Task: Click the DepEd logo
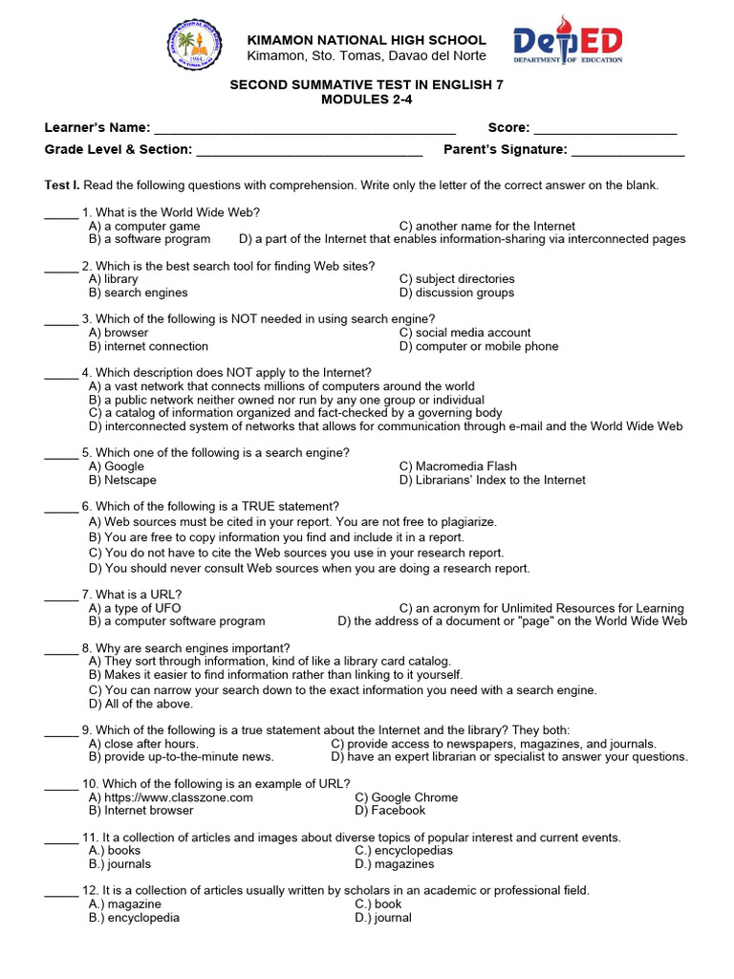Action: pyautogui.click(x=568, y=43)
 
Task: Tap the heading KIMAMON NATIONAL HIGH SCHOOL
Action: pyautogui.click(x=367, y=40)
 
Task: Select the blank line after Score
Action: pyautogui.click(x=605, y=129)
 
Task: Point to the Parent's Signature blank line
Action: pyautogui.click(x=628, y=151)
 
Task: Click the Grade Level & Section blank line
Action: pyautogui.click(x=309, y=151)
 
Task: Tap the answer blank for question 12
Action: pyautogui.click(x=61, y=892)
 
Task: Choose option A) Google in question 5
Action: pyautogui.click(x=117, y=467)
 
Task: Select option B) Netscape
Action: pyautogui.click(x=122, y=480)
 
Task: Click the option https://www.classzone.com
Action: pyautogui.click(x=178, y=797)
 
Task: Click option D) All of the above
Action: pyautogui.click(x=140, y=704)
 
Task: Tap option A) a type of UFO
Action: pyautogui.click(x=135, y=608)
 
